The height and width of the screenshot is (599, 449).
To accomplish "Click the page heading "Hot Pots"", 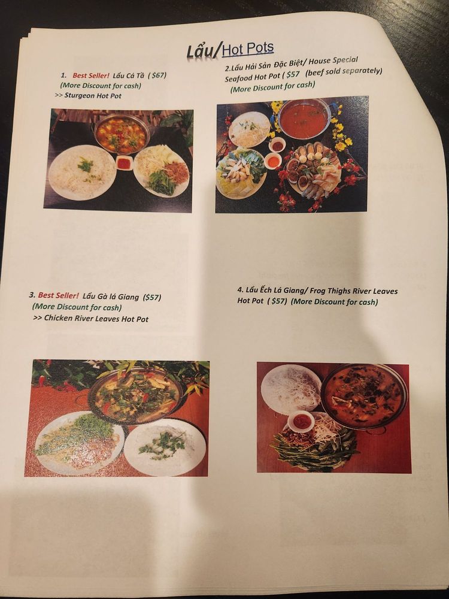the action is (x=248, y=49).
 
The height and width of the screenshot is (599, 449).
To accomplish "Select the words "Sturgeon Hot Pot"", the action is (x=93, y=95).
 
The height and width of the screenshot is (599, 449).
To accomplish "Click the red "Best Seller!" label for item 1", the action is (x=91, y=75).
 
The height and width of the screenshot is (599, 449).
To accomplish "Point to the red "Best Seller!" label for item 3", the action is (x=59, y=295).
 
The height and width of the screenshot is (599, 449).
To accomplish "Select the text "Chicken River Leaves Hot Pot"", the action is (x=96, y=318).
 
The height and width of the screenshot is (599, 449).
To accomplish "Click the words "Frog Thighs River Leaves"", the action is (x=354, y=291).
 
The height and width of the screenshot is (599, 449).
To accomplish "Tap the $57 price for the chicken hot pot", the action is (x=152, y=297).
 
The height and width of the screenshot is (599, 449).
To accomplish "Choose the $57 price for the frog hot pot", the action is (x=277, y=301).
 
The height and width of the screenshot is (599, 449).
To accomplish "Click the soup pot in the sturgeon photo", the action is (x=121, y=134).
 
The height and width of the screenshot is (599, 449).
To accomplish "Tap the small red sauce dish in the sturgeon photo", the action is (x=124, y=163).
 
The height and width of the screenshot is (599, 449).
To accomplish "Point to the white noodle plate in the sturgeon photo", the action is (x=83, y=172).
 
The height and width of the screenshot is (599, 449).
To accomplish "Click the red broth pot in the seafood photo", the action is (x=304, y=119).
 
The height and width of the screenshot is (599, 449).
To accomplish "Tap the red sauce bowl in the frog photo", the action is (x=301, y=421).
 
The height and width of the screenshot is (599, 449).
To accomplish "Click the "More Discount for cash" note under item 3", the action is (x=77, y=307).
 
